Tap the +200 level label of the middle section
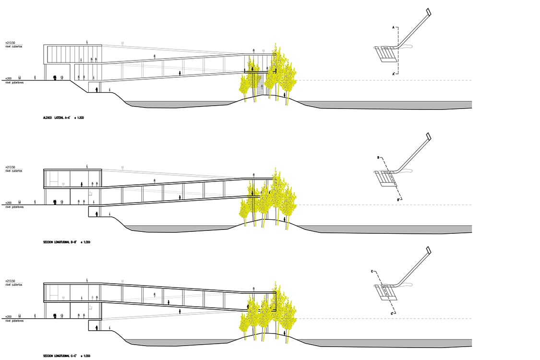point(8,203)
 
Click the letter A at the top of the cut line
point(394,29)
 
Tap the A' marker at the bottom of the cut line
point(394,73)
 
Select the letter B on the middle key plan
point(378,157)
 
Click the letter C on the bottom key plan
point(372,272)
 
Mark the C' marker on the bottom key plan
point(392,313)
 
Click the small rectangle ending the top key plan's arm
point(428,12)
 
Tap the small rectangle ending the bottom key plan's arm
point(428,250)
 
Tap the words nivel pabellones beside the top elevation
point(14,83)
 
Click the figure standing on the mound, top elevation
point(285,95)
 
